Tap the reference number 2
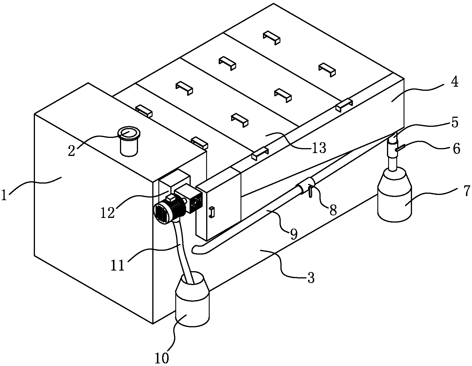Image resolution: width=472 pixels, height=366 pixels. (x=72, y=151)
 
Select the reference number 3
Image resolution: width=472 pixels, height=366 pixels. (x=311, y=278)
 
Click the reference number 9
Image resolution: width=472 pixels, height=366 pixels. (x=294, y=234)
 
